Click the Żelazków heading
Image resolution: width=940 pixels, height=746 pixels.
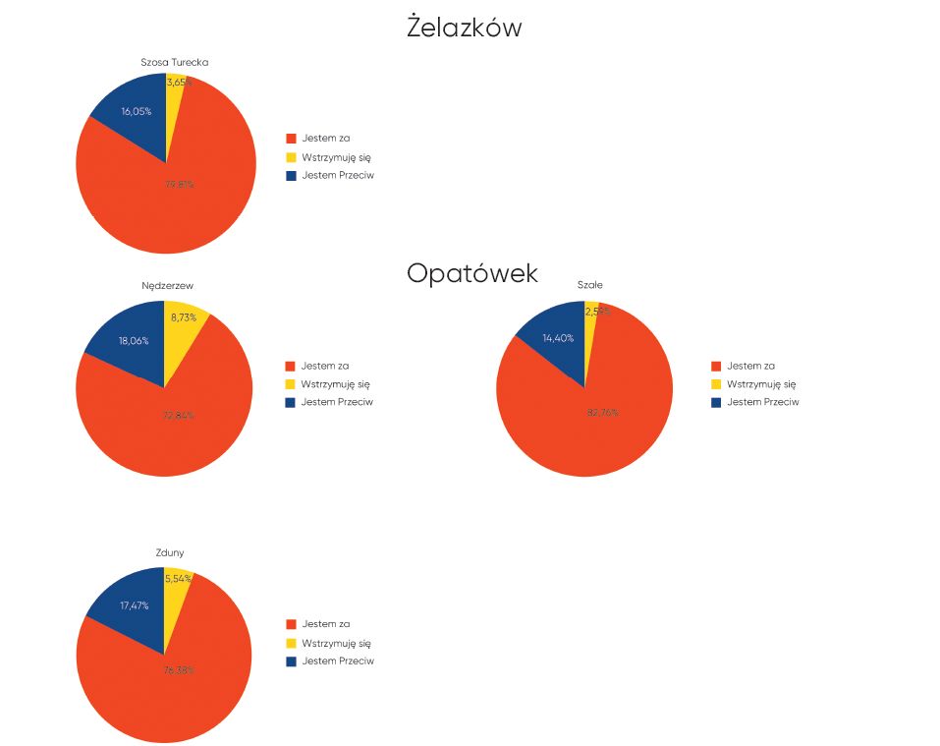464,29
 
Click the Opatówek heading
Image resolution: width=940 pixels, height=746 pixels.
472,273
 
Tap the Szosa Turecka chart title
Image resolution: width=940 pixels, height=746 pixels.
175,62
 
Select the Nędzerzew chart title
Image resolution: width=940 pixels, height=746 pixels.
167,286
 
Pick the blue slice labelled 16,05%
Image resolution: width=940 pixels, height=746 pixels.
133,116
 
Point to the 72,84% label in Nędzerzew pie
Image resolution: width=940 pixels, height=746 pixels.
178,415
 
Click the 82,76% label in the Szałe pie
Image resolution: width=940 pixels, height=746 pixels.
602,412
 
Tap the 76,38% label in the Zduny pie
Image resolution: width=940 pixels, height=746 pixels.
178,669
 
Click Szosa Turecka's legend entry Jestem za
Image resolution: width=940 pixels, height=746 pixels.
325,138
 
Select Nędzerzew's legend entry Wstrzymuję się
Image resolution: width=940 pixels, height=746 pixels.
335,384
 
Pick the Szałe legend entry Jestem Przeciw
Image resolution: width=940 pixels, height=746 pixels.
762,402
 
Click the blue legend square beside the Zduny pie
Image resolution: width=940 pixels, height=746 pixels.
291,661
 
